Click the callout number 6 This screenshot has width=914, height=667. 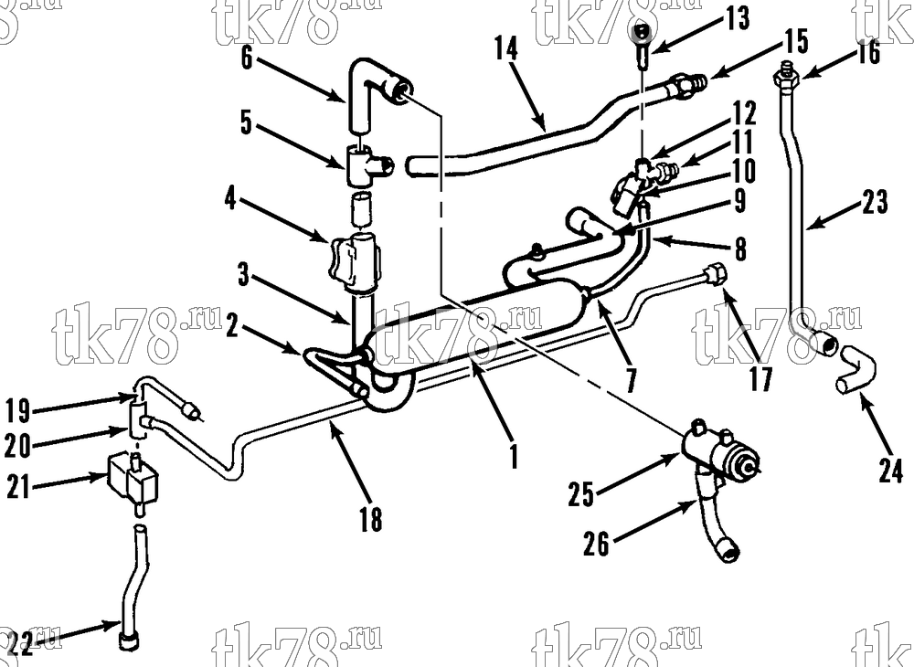click(x=247, y=58)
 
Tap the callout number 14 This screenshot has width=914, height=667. click(x=506, y=48)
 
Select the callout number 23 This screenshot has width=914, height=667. click(x=875, y=202)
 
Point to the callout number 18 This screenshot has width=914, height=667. click(x=371, y=518)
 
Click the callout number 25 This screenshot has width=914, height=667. click(x=580, y=494)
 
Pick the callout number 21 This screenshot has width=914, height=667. click(x=17, y=486)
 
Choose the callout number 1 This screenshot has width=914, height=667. click(x=514, y=456)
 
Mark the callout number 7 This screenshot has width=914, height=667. click(x=630, y=380)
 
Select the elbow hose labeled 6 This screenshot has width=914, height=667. click(x=377, y=93)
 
